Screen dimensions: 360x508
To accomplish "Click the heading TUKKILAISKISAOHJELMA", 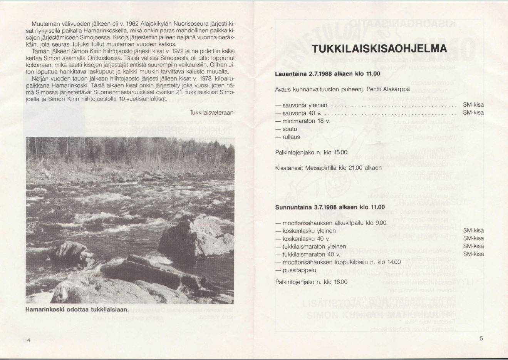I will [x=379, y=49].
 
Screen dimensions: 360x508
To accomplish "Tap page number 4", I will [x=29, y=340].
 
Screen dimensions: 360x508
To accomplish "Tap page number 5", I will [x=481, y=338].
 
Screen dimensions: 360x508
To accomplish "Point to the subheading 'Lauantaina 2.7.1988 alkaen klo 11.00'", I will [x=327, y=74].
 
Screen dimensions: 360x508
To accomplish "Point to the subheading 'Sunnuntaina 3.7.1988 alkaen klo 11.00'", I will [x=330, y=207].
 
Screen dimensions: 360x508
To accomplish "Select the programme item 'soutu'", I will [x=290, y=129].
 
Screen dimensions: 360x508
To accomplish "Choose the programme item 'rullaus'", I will [x=291, y=137].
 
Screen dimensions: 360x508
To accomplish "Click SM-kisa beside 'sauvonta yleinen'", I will [x=473, y=105].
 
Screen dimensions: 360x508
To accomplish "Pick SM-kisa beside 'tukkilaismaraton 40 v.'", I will [x=473, y=254].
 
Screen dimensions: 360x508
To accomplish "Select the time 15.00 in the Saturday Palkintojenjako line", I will [x=340, y=152].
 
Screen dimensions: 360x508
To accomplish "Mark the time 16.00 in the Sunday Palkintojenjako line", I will [x=340, y=282].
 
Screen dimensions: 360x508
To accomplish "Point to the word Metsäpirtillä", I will [x=321, y=168].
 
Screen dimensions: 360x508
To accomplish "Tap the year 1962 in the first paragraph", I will [x=132, y=24].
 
